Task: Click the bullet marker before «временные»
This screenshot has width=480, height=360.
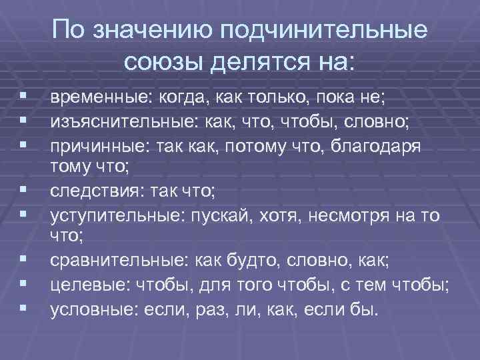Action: point(22,99)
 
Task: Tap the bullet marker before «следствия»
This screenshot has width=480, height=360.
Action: point(22,192)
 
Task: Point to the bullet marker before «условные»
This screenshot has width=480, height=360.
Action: point(22,309)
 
